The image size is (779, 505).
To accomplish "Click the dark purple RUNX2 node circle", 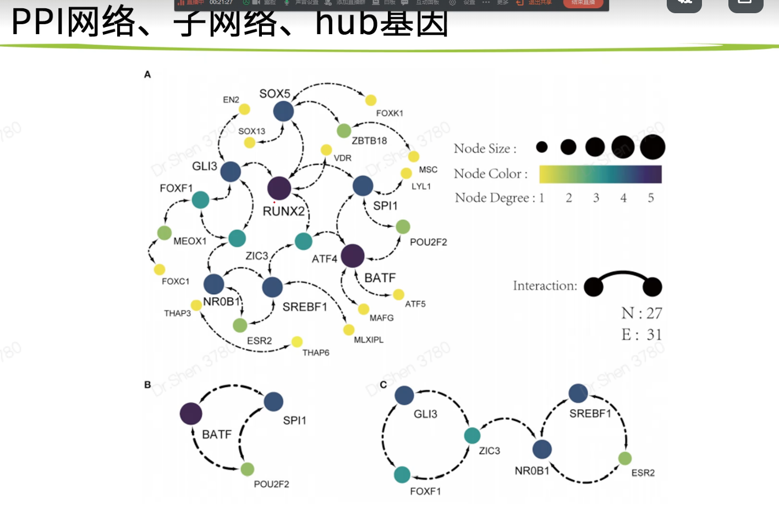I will (x=279, y=188).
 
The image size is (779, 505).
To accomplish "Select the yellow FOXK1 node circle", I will (x=371, y=100).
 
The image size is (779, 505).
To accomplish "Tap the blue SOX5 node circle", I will (x=283, y=111).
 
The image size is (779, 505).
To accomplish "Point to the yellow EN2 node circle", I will (x=244, y=109).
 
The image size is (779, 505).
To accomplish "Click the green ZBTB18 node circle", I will (x=344, y=130).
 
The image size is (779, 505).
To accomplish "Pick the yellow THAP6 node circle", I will (x=297, y=342).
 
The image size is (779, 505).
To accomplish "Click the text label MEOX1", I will (x=190, y=241).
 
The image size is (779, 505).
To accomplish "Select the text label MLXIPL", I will (x=369, y=340).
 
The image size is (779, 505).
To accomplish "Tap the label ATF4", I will (x=325, y=259).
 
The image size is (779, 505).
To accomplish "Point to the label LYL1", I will (x=421, y=186).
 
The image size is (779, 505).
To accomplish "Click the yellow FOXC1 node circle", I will (x=160, y=269).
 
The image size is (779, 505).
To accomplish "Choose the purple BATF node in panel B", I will (x=191, y=414).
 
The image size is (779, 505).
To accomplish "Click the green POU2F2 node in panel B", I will (x=248, y=469).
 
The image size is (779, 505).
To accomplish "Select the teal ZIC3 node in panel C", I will (x=472, y=435).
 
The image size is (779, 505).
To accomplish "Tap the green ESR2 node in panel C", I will (x=625, y=458).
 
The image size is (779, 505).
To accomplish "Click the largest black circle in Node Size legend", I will (x=652, y=147).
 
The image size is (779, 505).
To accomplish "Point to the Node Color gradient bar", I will (x=600, y=174).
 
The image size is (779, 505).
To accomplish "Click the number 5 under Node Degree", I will (x=651, y=198).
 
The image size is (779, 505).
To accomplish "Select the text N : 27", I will (x=641, y=313).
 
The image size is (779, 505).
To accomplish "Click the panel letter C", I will (x=383, y=385).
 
